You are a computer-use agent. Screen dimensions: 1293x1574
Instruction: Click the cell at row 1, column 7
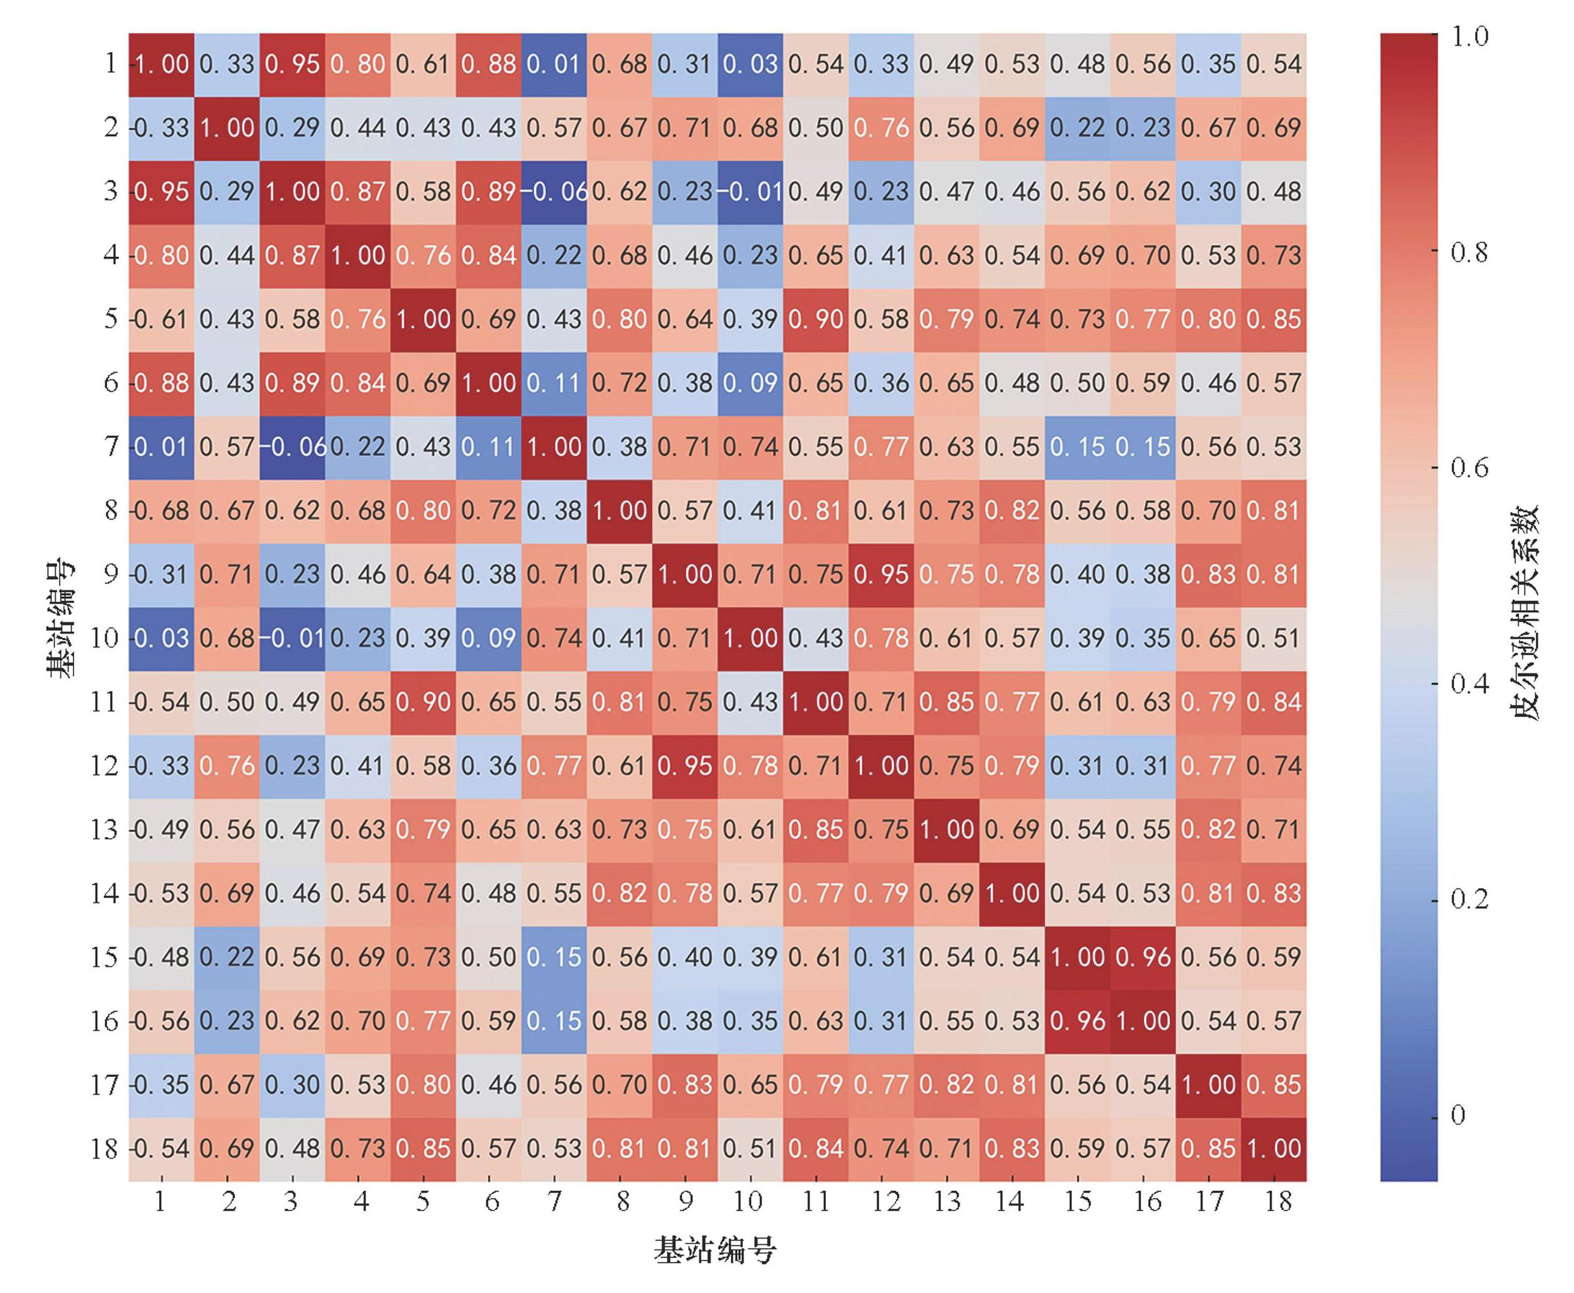click(554, 65)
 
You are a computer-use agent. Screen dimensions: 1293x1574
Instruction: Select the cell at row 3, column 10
click(750, 192)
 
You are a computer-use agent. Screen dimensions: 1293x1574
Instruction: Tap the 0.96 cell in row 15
click(1143, 957)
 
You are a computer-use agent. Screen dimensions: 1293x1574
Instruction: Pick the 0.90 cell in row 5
click(815, 320)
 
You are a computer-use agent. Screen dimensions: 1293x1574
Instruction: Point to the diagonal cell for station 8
click(619, 511)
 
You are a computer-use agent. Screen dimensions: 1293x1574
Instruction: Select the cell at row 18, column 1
click(162, 1148)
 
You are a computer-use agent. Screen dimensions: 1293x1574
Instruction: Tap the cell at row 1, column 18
click(1274, 65)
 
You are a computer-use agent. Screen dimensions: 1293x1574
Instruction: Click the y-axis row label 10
click(103, 639)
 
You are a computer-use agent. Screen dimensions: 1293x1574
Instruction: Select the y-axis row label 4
click(110, 256)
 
